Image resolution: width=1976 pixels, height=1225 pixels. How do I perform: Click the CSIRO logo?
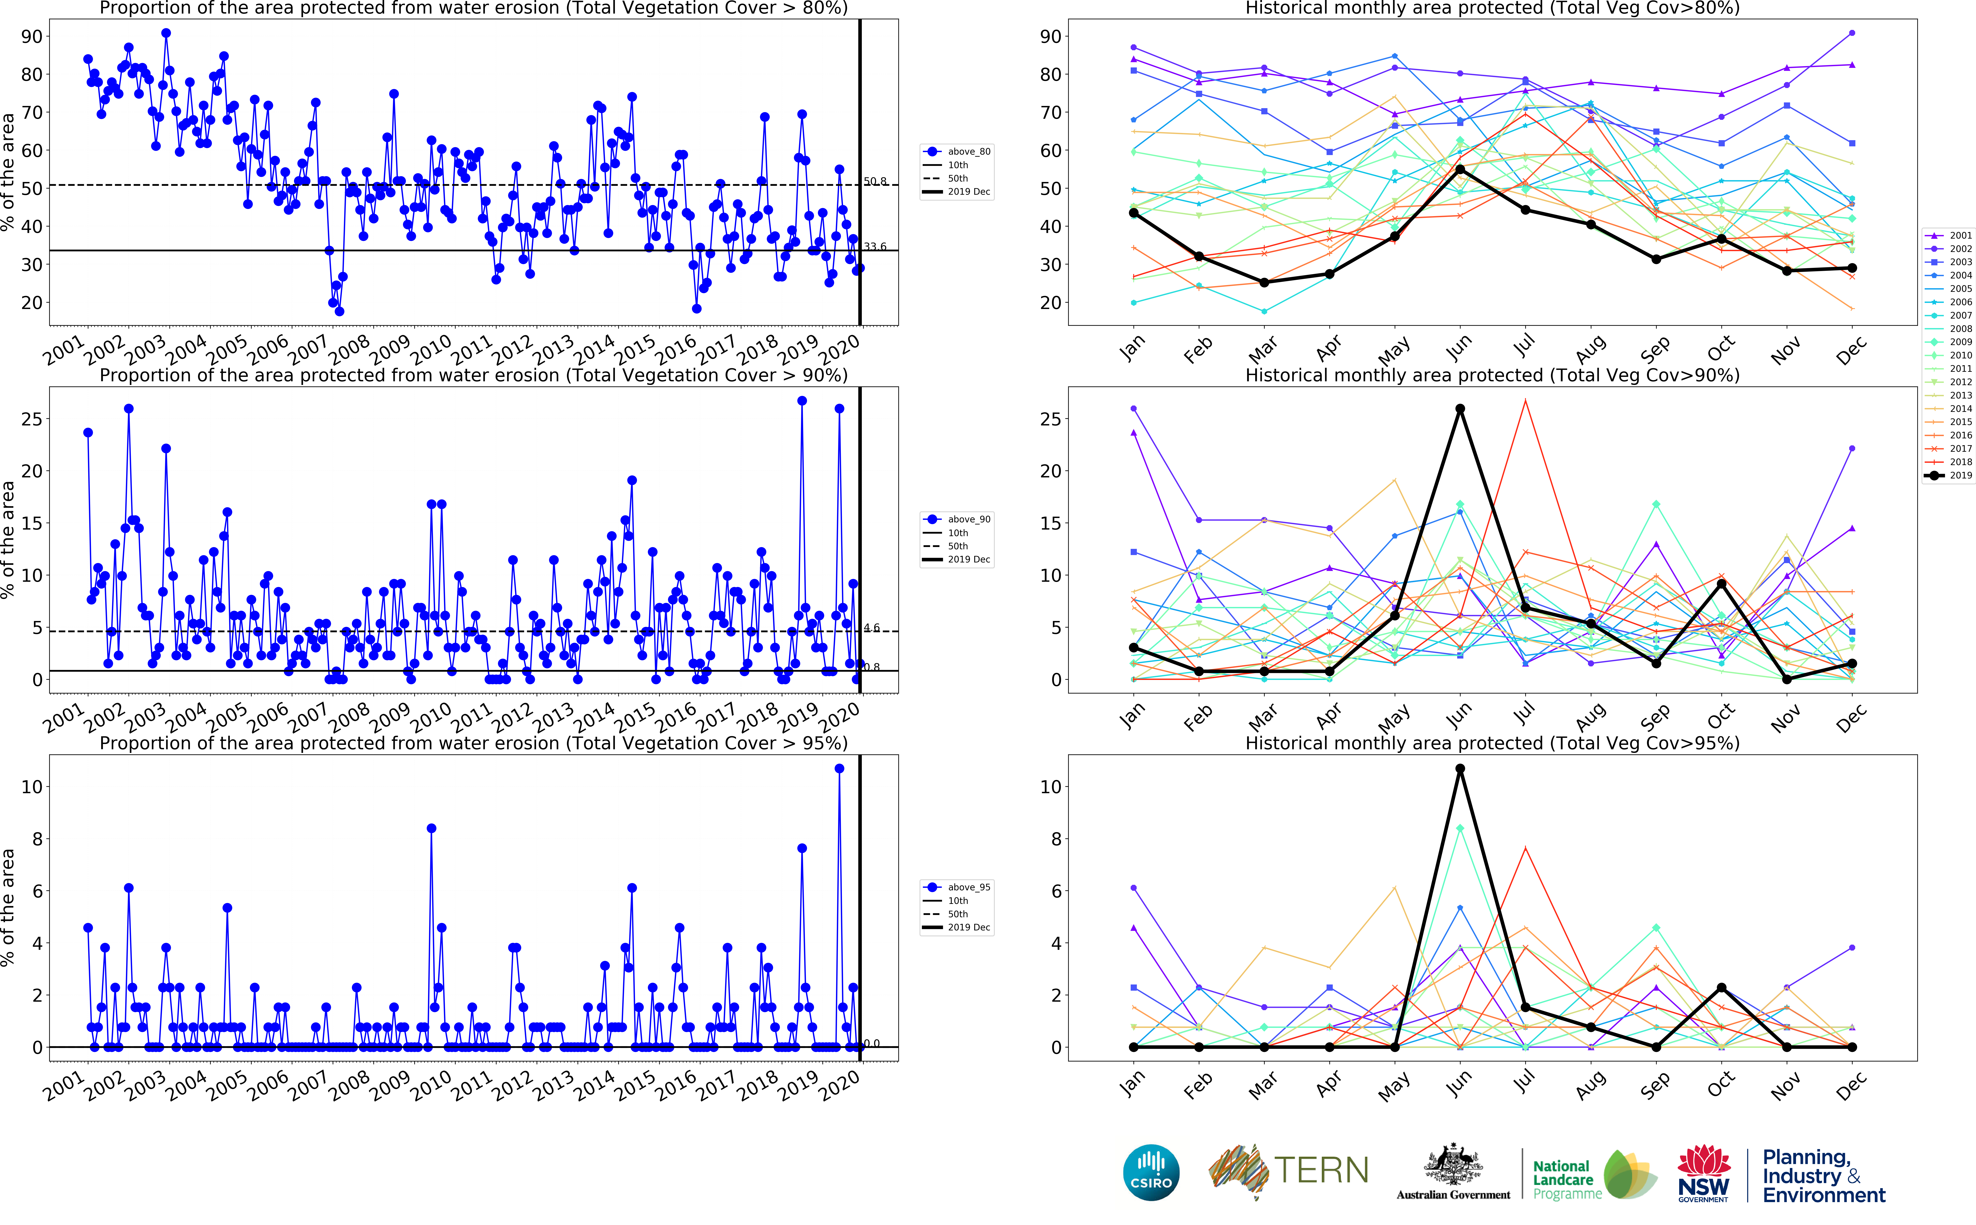(x=1151, y=1172)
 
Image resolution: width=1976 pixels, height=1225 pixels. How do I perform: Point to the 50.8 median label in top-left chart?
(x=875, y=182)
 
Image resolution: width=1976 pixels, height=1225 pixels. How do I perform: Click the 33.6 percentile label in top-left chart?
(x=875, y=246)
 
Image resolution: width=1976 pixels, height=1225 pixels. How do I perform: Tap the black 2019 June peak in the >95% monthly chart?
(x=1460, y=769)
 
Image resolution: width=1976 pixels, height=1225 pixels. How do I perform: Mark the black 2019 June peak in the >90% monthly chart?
(x=1460, y=409)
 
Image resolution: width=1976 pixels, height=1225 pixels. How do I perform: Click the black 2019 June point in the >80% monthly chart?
(x=1460, y=169)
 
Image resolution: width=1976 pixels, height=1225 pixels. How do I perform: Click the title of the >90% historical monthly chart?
(x=1492, y=375)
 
